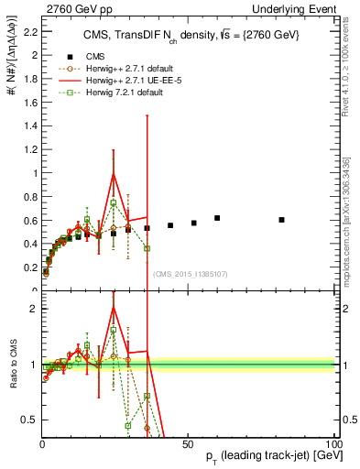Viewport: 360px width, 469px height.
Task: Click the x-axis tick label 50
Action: point(187,444)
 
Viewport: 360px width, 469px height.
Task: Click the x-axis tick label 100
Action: point(330,444)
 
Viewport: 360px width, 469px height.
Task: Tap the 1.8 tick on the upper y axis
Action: point(30,79)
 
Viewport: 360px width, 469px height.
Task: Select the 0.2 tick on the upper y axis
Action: point(30,267)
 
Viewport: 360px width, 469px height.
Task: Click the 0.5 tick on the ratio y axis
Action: point(30,420)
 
